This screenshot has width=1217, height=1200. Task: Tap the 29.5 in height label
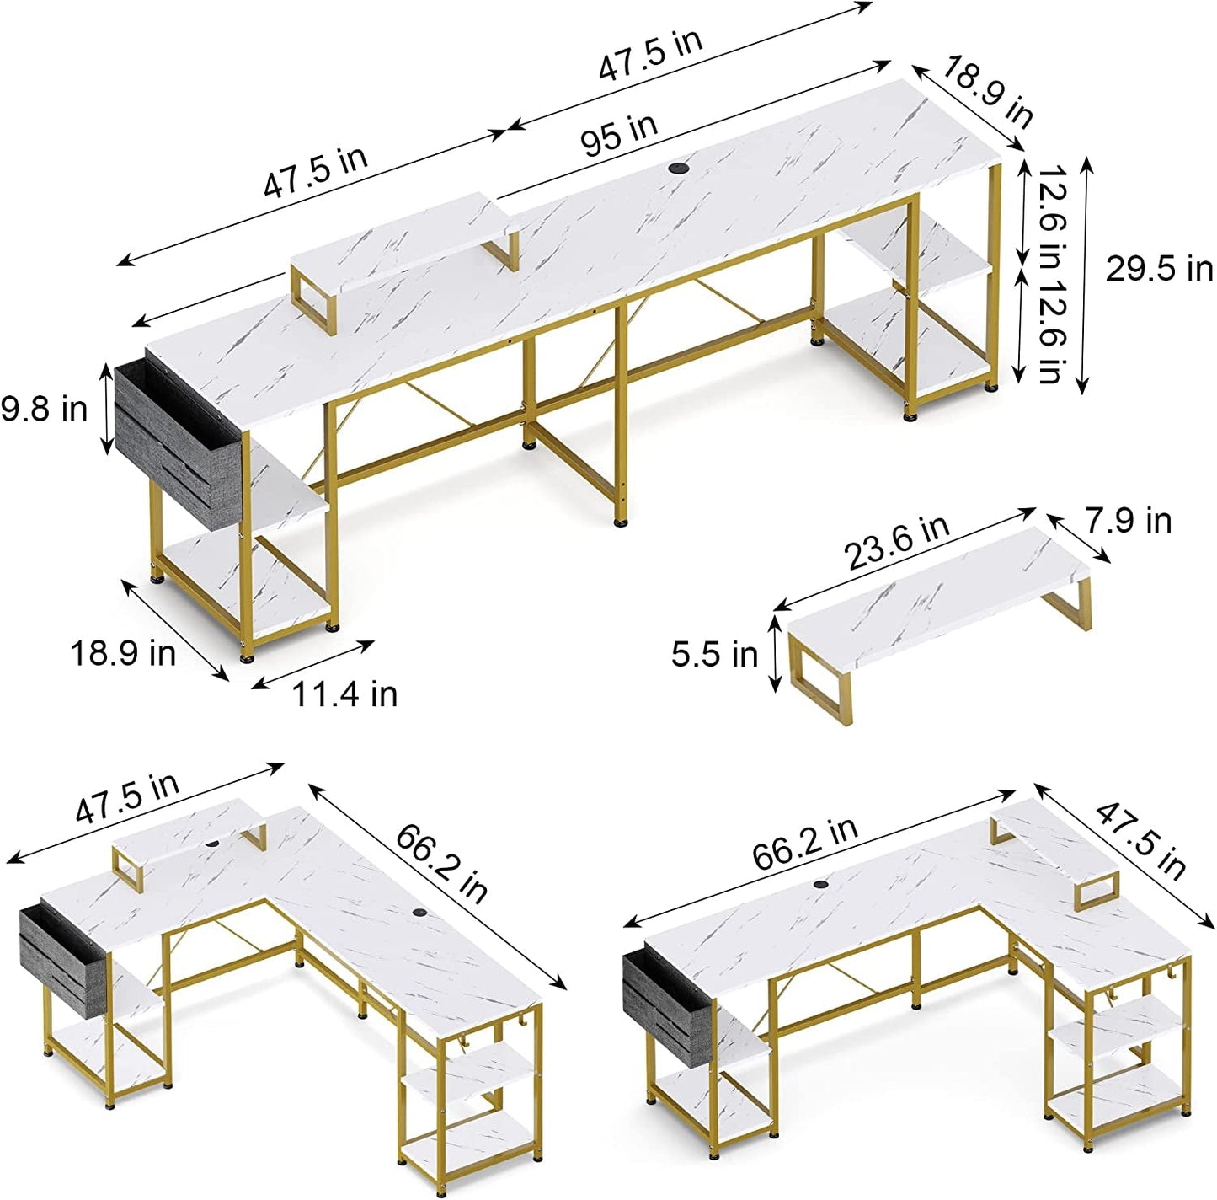click(x=1158, y=270)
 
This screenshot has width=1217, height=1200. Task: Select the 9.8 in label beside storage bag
click(x=44, y=410)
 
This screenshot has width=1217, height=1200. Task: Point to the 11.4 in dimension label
click(x=344, y=694)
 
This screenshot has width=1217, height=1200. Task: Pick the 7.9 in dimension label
click(x=1127, y=521)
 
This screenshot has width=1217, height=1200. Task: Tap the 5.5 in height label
click(x=714, y=654)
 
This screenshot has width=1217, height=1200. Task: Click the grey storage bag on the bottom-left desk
click(x=62, y=951)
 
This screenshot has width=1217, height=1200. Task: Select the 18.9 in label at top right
click(x=986, y=91)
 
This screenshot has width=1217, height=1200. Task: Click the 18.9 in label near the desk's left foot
click(x=122, y=653)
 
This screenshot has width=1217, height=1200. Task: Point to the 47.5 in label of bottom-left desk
click(x=127, y=797)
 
